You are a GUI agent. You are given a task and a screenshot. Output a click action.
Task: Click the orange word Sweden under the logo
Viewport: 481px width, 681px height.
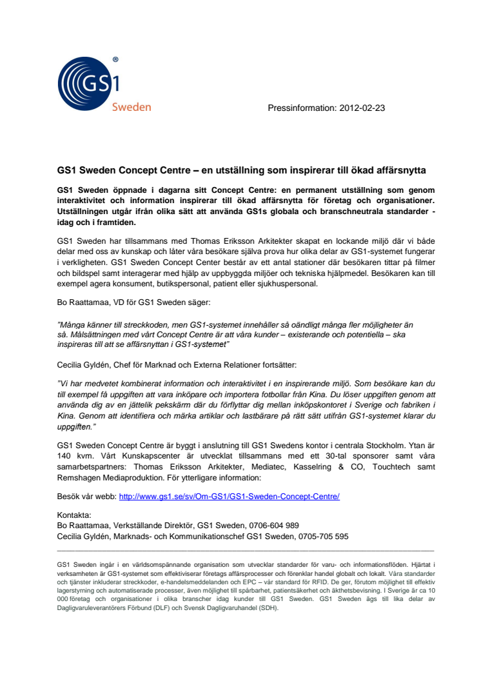[x=132, y=107]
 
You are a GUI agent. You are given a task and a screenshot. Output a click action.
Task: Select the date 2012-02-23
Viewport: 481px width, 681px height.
[x=362, y=108]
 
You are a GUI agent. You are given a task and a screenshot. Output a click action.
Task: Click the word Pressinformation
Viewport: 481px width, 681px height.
[x=300, y=108]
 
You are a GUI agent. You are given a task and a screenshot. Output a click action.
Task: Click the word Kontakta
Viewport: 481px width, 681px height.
[x=75, y=515]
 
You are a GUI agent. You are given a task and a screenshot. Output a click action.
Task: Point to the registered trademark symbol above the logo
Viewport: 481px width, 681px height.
[x=115, y=59]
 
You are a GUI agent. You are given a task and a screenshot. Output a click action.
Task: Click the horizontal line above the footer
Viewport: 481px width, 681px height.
[x=246, y=550]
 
